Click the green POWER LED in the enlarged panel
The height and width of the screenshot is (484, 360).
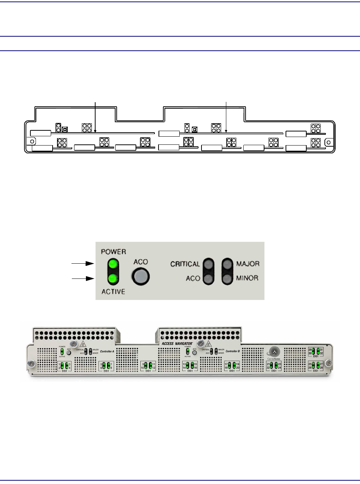(x=114, y=264)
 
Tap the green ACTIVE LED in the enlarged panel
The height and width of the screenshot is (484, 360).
(x=114, y=278)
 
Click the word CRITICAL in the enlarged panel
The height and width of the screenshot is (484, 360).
(x=185, y=264)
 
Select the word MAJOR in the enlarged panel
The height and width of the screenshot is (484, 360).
(x=248, y=264)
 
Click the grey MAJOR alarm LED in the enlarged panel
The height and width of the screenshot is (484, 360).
(x=227, y=264)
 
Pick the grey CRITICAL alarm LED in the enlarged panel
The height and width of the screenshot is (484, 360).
(x=209, y=264)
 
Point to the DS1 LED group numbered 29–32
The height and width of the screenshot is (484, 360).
(x=316, y=352)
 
